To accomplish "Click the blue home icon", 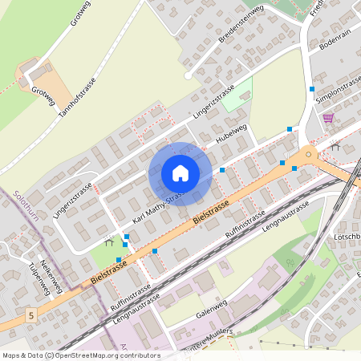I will pyautogui.click(x=180, y=172).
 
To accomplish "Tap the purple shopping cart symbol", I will pyautogui.click(x=327, y=118).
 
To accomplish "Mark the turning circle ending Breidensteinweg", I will pyautogui.click(x=188, y=76).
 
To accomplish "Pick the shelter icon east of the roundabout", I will pyautogui.click(x=335, y=148).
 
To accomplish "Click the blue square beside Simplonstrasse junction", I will pyautogui.click(x=311, y=88).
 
